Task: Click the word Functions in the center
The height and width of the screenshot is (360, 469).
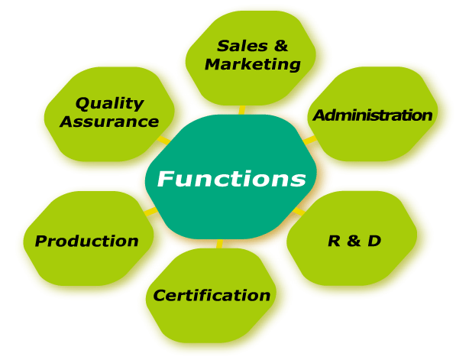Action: click(x=231, y=180)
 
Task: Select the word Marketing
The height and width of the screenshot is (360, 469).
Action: click(x=253, y=64)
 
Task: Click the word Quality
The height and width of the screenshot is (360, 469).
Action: click(x=110, y=102)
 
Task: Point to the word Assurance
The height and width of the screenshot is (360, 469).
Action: click(x=109, y=122)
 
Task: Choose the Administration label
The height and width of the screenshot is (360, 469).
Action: click(x=373, y=115)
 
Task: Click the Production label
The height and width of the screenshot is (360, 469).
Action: click(x=87, y=242)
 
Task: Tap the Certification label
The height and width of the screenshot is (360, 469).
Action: click(x=212, y=295)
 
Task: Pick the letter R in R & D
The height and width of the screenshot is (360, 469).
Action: click(x=334, y=242)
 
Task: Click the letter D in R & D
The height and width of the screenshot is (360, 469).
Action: click(x=374, y=242)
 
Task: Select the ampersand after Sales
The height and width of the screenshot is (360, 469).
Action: click(x=281, y=46)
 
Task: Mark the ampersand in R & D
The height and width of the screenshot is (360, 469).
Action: click(x=354, y=242)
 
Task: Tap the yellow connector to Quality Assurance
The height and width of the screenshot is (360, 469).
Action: click(x=163, y=141)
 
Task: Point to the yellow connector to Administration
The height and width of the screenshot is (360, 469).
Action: click(x=309, y=141)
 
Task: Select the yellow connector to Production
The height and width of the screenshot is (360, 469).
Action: click(x=149, y=211)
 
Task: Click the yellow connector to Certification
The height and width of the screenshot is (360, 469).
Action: click(x=220, y=244)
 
